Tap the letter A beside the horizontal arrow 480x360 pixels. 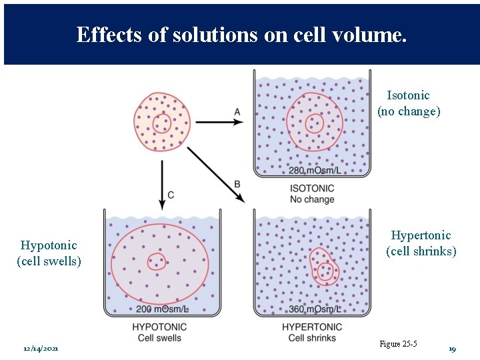[237, 111]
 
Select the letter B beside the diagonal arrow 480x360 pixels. [237, 184]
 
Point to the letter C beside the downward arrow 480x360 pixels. [171, 195]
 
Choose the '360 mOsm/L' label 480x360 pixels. [314, 309]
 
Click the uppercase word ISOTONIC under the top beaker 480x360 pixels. [312, 189]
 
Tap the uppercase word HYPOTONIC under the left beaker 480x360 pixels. [159, 327]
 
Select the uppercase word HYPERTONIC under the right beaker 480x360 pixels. [312, 327]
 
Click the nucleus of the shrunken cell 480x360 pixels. [326, 270]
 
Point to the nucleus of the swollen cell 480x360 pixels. [157, 261]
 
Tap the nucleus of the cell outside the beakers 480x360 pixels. [161, 123]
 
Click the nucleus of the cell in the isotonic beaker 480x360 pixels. [314, 123]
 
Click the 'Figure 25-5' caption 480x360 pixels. [398, 344]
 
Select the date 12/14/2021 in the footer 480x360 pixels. [41, 349]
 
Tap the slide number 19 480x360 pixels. [452, 349]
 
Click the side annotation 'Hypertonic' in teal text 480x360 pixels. [421, 235]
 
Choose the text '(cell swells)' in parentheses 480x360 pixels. [49, 261]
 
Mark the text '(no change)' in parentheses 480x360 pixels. [409, 111]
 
